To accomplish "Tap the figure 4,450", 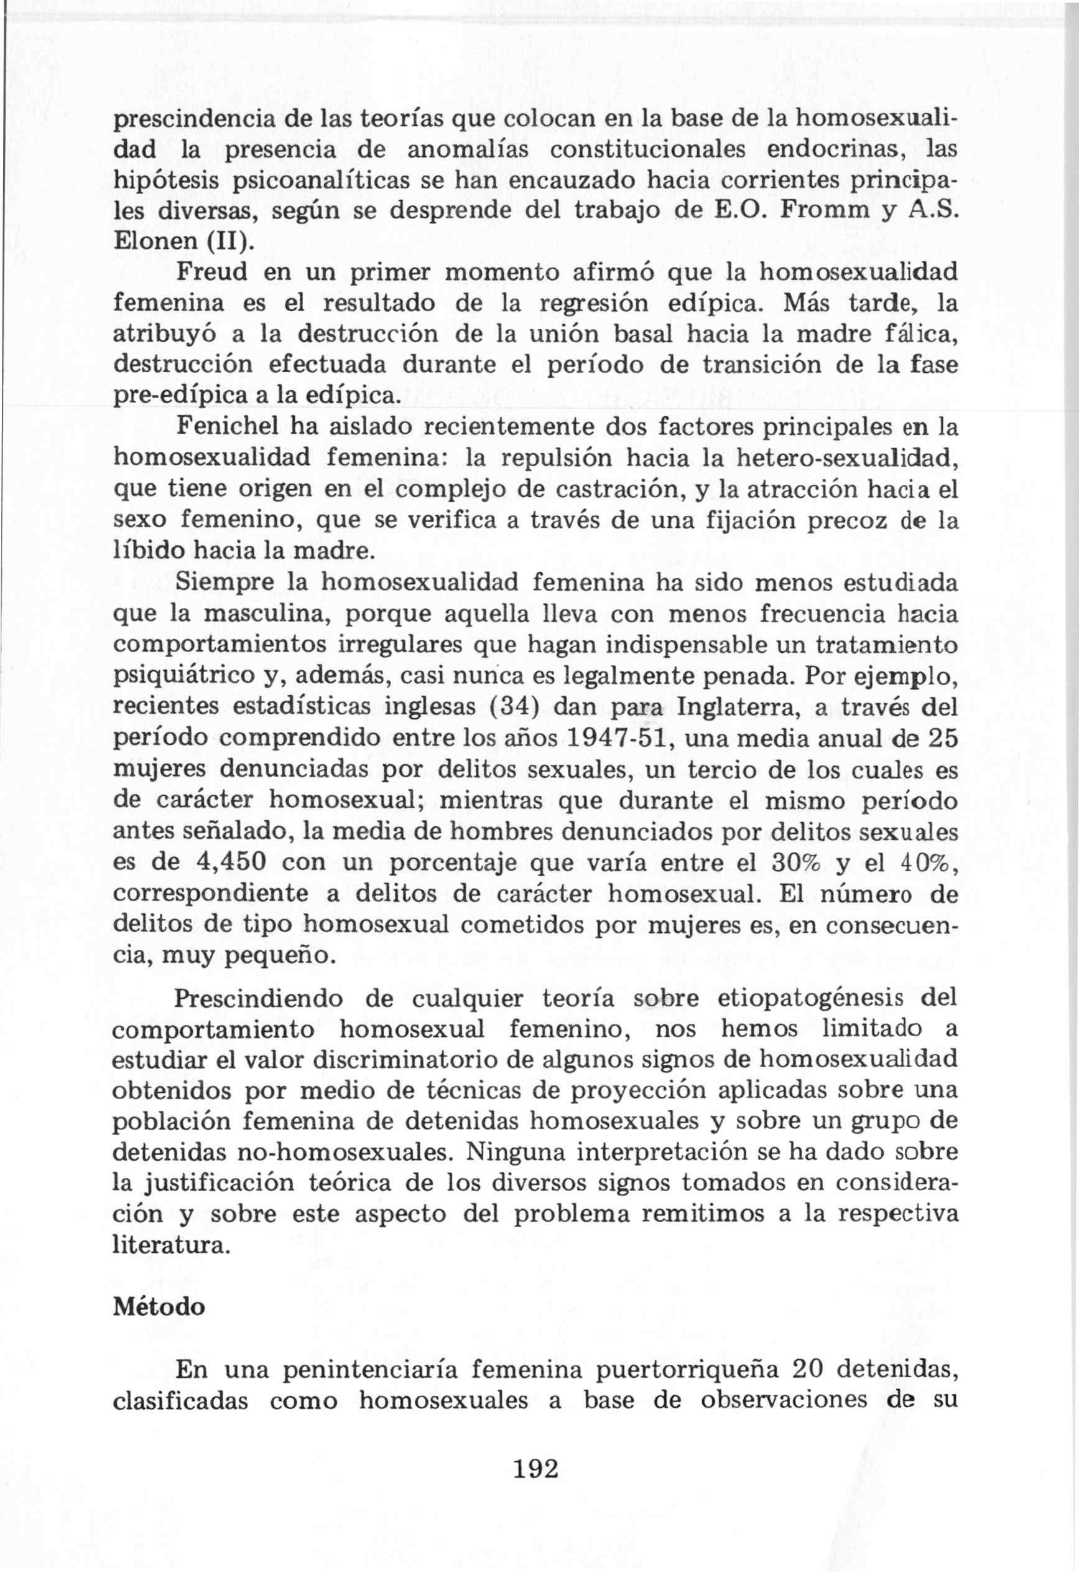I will (x=229, y=863).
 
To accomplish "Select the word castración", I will (x=580, y=489).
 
